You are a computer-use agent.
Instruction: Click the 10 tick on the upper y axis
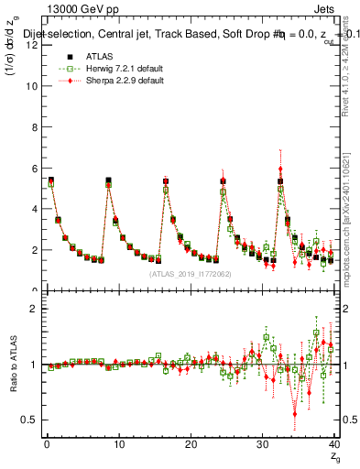tap(34, 86)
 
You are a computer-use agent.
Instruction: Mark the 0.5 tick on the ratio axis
tap(32, 420)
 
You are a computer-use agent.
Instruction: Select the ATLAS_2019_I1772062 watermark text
tap(189, 274)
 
